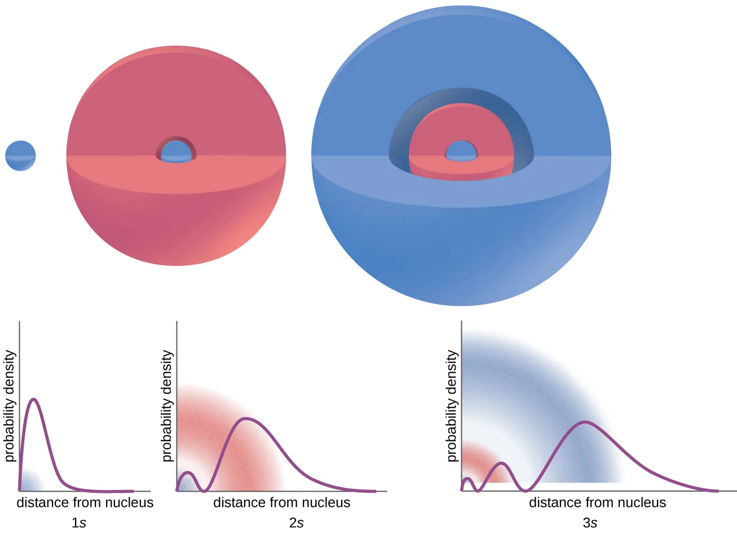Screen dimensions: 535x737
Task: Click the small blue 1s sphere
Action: pyautogui.click(x=21, y=155)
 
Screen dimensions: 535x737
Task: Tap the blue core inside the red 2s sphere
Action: pyautogui.click(x=176, y=151)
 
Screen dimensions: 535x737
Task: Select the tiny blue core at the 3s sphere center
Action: pyautogui.click(x=461, y=151)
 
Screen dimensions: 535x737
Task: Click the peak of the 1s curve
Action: pyautogui.click(x=34, y=399)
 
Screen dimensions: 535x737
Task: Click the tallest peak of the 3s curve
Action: pyautogui.click(x=586, y=422)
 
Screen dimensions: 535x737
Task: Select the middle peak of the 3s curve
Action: pyautogui.click(x=502, y=463)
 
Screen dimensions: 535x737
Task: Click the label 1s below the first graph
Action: pyautogui.click(x=79, y=523)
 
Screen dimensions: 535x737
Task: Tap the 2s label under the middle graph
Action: pyautogui.click(x=297, y=523)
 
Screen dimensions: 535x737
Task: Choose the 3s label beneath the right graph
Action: pyautogui.click(x=590, y=523)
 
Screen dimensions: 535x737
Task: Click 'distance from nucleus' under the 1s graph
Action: pyautogui.click(x=85, y=502)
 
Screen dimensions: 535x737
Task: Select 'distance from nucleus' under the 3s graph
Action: pyautogui.click(x=597, y=502)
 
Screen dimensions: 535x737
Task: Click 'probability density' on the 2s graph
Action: pyautogui.click(x=167, y=405)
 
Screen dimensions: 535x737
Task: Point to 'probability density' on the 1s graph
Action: pyautogui.click(x=10, y=405)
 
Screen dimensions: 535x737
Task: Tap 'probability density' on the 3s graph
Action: pyautogui.click(x=452, y=405)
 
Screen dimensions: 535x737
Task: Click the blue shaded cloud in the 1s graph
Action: pyautogui.click(x=31, y=483)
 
